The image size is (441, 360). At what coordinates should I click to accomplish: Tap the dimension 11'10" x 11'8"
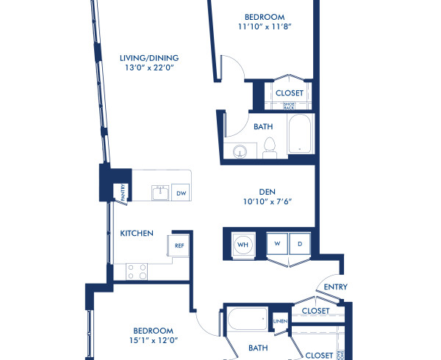coord(265,26)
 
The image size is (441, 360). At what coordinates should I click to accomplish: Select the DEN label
coord(267,189)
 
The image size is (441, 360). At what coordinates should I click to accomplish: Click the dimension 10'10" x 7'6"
coord(267,201)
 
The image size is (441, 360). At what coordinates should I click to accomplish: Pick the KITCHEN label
coord(137,234)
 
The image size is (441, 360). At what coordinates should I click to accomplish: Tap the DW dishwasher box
coord(181,192)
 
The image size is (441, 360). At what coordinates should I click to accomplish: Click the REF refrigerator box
coord(179,245)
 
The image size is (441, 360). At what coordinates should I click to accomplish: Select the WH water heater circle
coord(242,243)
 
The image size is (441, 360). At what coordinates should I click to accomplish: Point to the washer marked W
coord(278,243)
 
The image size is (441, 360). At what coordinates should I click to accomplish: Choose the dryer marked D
coord(299,243)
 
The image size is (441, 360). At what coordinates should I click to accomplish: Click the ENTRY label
coord(335,287)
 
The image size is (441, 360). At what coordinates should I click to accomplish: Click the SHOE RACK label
coord(289,105)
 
